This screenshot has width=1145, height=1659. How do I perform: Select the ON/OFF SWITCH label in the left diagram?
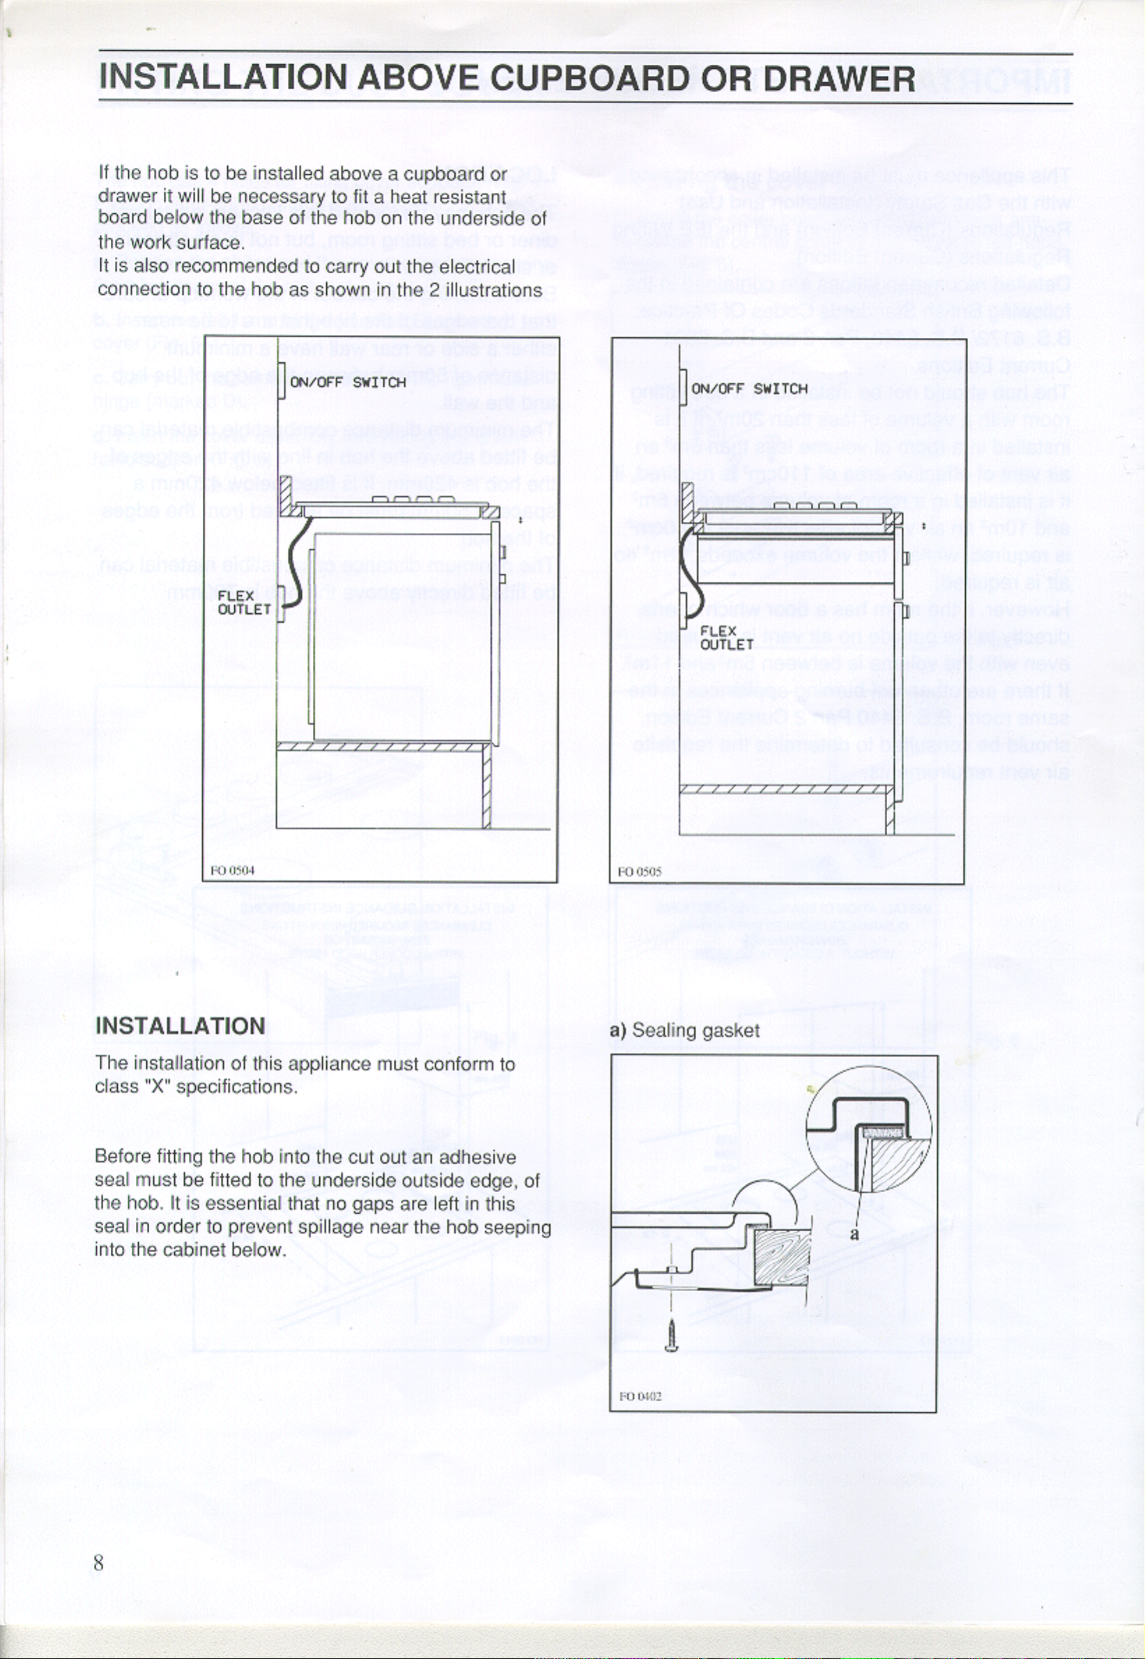[x=347, y=383]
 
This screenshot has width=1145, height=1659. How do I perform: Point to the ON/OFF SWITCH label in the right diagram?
[x=749, y=389]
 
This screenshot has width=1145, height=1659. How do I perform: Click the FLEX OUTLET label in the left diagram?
[x=244, y=603]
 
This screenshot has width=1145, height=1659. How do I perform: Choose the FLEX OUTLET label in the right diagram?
[x=726, y=638]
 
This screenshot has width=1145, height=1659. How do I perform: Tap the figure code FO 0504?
[x=233, y=871]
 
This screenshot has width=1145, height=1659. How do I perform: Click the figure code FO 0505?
[x=639, y=872]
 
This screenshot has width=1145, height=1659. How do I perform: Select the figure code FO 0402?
[x=640, y=1396]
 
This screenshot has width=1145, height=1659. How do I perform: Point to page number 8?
[x=99, y=1562]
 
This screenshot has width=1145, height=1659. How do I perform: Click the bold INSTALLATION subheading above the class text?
[x=180, y=1026]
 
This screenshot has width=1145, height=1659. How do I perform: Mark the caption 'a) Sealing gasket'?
[x=684, y=1031]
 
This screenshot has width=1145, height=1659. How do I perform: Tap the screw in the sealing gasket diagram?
[x=672, y=1336]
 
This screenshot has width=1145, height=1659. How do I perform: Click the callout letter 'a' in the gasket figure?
[x=854, y=1235]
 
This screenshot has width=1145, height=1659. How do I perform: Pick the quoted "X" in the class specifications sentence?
[x=155, y=1088]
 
